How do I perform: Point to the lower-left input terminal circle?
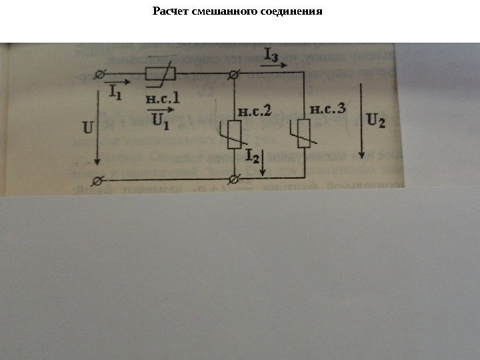coord(99,180)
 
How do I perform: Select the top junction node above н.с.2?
coord(234,77)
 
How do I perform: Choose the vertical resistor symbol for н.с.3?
coord(303,134)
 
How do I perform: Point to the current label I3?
coord(273,56)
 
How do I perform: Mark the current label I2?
coord(253,156)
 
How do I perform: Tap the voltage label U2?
coord(377,122)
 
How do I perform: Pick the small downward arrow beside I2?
coord(264,163)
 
